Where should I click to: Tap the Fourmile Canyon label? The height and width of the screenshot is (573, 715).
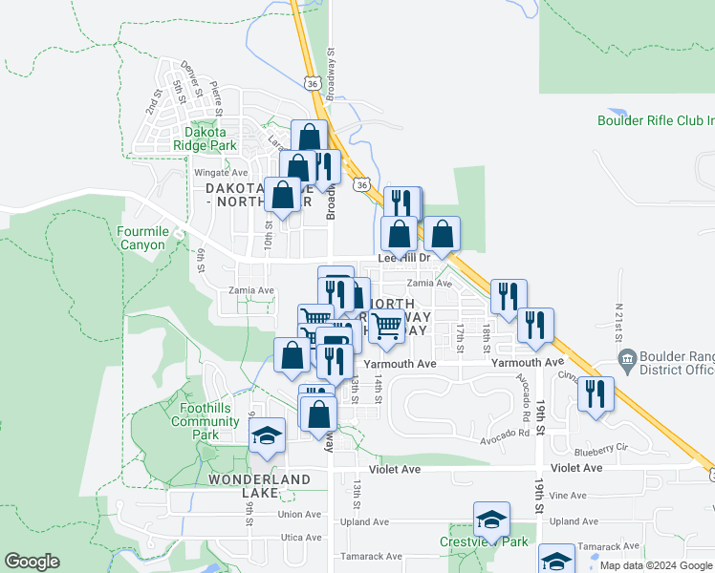click(142, 238)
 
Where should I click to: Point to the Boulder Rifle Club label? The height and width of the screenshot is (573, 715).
click(656, 120)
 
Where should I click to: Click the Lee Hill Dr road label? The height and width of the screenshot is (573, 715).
click(405, 258)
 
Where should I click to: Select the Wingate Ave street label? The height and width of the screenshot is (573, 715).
click(221, 173)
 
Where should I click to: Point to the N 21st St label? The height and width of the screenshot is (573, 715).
click(618, 317)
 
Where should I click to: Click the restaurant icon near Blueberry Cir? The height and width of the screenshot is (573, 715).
click(596, 394)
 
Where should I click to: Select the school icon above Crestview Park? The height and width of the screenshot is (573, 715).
click(491, 520)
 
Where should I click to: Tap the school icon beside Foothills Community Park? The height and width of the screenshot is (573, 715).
click(267, 436)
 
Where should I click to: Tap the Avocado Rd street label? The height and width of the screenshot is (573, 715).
click(506, 433)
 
